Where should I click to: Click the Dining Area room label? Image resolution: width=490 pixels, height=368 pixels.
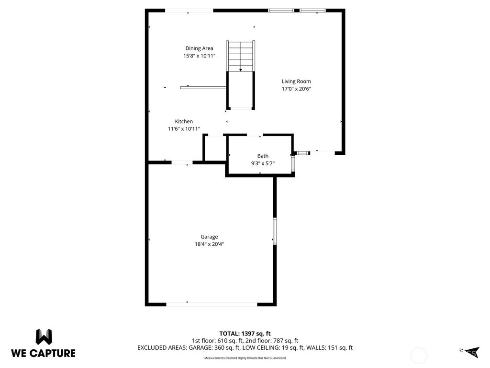coord(199,48)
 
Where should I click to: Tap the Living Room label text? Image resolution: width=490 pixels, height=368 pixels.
coord(296,81)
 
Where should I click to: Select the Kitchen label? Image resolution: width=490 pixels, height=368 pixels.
coord(184,122)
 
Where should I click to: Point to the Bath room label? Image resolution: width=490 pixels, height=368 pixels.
coord(263,156)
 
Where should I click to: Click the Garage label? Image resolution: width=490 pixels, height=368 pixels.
coord(209,237)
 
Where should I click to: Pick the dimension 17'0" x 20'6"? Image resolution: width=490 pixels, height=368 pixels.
coord(296,89)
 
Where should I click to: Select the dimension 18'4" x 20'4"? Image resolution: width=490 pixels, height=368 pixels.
coord(209,244)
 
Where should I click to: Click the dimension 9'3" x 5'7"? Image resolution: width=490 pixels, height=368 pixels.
coord(263,163)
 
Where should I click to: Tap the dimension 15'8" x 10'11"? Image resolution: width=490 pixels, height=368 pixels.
coord(199,56)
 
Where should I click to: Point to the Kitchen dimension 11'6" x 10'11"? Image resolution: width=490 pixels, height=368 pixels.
coord(184,129)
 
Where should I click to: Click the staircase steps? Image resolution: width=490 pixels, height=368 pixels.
coord(241,56)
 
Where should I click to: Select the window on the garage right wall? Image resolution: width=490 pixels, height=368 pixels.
coord(275,231)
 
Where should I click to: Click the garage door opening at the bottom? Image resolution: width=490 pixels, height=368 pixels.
coord(212,304)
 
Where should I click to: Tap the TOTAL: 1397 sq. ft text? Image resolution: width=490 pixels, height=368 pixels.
coord(245,333)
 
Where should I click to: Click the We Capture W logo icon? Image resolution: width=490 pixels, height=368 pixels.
coord(44,337)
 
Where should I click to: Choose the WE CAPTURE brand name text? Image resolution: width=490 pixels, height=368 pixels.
coord(43,353)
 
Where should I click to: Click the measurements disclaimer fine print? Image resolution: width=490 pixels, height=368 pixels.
coord(245,358)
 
